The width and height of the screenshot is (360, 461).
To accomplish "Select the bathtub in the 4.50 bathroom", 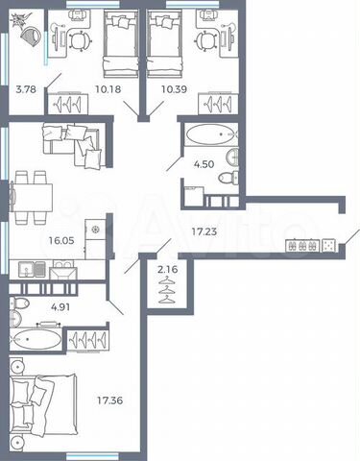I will pyautogui.click(x=207, y=133).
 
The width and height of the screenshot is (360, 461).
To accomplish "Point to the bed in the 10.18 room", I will pyautogui.click(x=121, y=43).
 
